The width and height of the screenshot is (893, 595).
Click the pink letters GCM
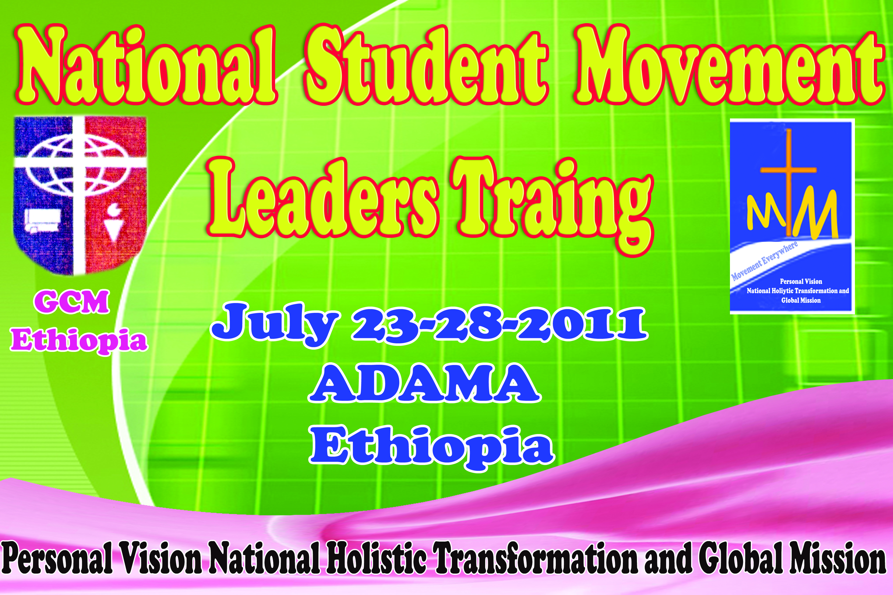pyautogui.click(x=72, y=302)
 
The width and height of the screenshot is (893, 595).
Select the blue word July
pyautogui.click(x=275, y=325)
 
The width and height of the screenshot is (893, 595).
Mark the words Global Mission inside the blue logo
pyautogui.click(x=801, y=301)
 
